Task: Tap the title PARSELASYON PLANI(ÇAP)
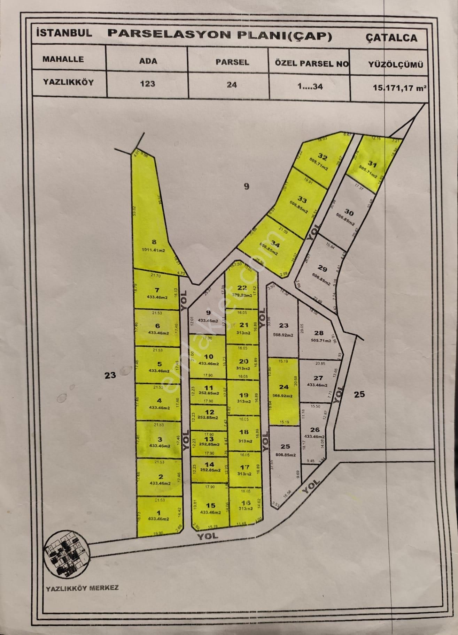(220, 34)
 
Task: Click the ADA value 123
(148, 84)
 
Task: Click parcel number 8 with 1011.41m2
(154, 243)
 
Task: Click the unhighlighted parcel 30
(348, 212)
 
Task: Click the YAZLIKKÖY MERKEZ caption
(82, 588)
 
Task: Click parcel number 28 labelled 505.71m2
(319, 333)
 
